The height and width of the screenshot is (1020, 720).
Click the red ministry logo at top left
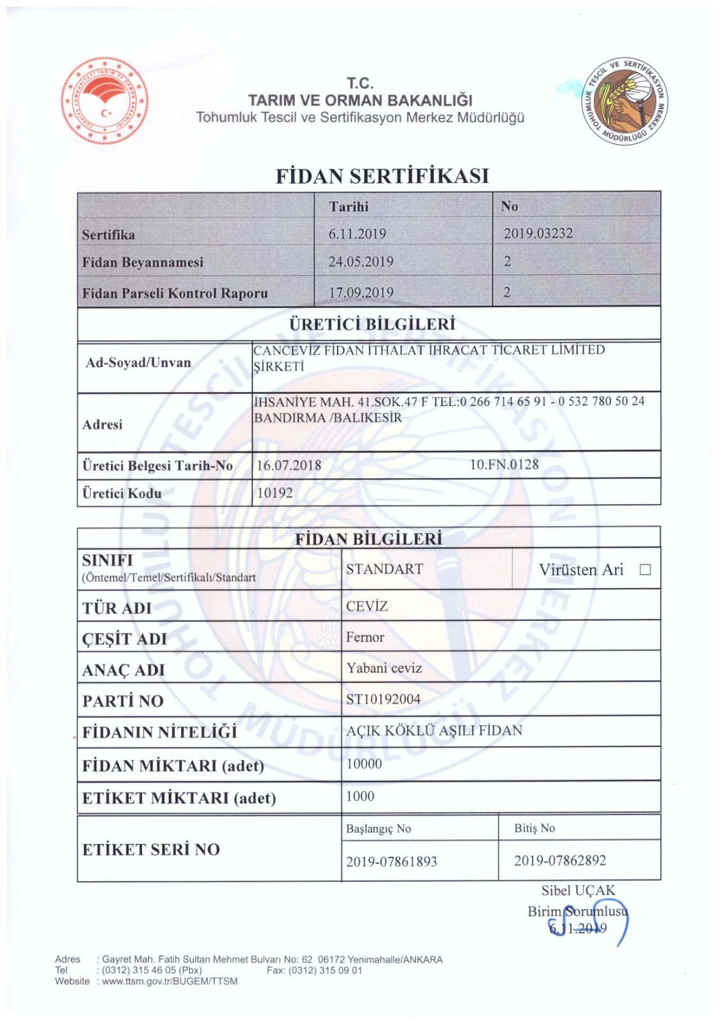(x=105, y=101)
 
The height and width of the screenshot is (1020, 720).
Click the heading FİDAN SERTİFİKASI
(x=382, y=176)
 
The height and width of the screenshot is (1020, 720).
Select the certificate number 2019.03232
(x=538, y=233)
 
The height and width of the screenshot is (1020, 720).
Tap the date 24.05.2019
(x=361, y=261)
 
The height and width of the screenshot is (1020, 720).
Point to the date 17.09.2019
(x=361, y=293)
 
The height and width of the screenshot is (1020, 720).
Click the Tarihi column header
(x=349, y=207)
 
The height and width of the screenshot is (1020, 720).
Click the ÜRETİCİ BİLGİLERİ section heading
(x=372, y=324)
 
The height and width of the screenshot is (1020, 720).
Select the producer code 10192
(x=275, y=493)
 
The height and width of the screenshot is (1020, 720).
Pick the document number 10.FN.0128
(x=504, y=465)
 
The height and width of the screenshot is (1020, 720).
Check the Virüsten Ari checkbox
(x=645, y=569)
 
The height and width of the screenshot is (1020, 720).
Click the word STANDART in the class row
(x=384, y=569)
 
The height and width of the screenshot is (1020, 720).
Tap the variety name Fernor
(x=365, y=637)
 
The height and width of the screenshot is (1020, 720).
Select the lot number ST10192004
(x=383, y=699)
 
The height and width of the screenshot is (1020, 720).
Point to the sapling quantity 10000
(x=364, y=764)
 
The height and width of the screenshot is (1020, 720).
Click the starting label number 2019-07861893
(x=391, y=862)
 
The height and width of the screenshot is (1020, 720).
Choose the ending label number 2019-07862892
(x=560, y=861)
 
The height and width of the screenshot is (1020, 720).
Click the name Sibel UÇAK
(x=578, y=891)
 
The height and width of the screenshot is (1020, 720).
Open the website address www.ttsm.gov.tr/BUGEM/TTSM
(x=169, y=981)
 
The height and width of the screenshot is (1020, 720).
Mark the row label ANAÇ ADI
(x=124, y=670)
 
